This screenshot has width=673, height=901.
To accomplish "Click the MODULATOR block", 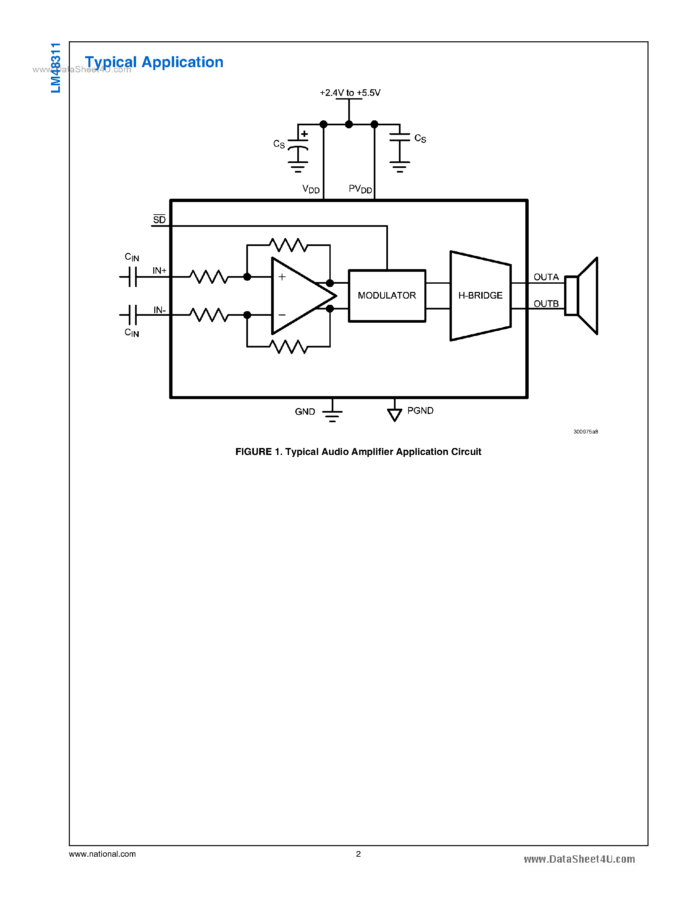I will (x=387, y=296).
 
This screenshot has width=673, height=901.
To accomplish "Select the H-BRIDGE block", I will (x=480, y=296).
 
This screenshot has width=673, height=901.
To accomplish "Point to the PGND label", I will (x=420, y=411).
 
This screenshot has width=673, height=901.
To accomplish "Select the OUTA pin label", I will (x=546, y=277).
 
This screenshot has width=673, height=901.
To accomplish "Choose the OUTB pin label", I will (x=546, y=304).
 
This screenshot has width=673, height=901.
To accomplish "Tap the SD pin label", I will (x=159, y=220).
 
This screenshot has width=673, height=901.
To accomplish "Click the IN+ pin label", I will (x=159, y=270).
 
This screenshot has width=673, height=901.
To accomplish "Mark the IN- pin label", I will (x=159, y=310).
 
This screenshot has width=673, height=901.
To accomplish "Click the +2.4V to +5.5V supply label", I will (x=350, y=93).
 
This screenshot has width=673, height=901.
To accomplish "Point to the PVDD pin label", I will (x=360, y=189).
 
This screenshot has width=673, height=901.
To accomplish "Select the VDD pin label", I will (x=311, y=189).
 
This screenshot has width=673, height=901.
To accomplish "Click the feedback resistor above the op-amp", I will (x=288, y=245).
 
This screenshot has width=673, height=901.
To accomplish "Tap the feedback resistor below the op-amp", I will (x=288, y=347).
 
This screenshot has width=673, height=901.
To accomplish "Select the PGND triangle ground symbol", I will (x=394, y=415).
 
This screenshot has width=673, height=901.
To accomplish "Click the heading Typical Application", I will (x=154, y=62).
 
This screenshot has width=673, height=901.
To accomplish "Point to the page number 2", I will (x=358, y=854).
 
